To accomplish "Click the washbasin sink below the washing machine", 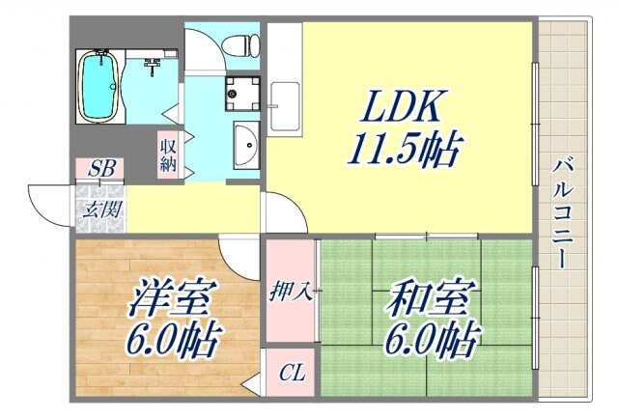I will pyautogui.click(x=245, y=147).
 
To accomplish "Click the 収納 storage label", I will pyautogui.click(x=168, y=154).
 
